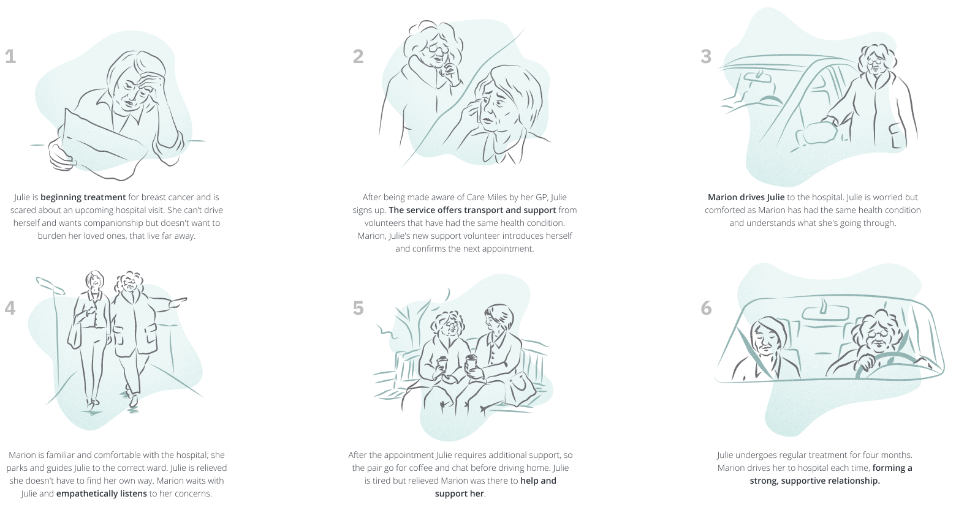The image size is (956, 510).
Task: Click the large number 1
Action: (x=10, y=57)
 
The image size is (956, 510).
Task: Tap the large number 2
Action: (x=358, y=57)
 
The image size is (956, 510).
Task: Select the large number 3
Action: (x=706, y=57)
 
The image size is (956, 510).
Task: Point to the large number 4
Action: (x=10, y=309)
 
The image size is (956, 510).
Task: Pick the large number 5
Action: (x=358, y=309)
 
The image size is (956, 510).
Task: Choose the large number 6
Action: (x=706, y=309)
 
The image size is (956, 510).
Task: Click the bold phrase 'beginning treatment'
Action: (x=83, y=197)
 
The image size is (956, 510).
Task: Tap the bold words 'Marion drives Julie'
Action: (x=746, y=197)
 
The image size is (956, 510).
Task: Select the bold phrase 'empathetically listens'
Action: (x=102, y=494)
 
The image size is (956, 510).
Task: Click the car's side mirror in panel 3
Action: (x=816, y=133)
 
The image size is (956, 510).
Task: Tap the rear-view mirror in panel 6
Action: (x=825, y=313)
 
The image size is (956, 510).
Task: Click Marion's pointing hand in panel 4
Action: (x=178, y=302)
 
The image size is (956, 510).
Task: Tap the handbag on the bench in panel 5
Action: (x=521, y=388)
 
